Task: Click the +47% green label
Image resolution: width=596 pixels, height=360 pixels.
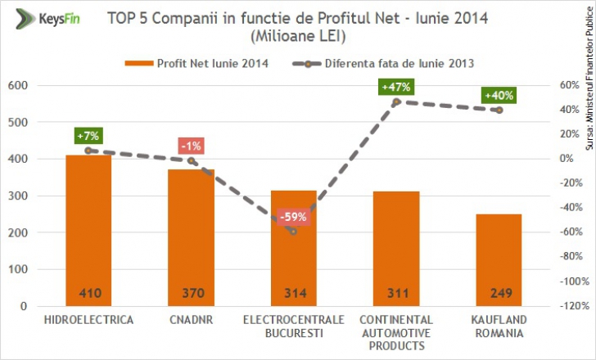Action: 395,87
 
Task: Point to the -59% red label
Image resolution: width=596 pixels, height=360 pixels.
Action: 292,218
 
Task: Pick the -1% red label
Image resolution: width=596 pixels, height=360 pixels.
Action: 191,146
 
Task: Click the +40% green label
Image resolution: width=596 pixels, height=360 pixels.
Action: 499,95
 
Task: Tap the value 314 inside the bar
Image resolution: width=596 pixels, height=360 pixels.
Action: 293,292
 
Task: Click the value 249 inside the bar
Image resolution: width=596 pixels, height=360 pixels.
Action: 499,292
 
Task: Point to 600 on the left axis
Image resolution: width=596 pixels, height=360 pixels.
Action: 16,86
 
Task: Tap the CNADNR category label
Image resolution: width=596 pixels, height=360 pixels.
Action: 191,319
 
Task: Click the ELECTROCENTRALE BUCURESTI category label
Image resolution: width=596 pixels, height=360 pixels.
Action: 293,326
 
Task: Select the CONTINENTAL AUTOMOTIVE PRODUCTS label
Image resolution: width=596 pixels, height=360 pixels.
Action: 395,332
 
